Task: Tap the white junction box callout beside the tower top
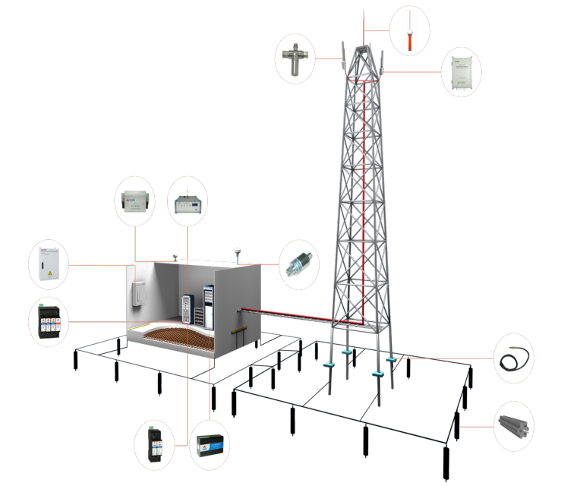(462, 72)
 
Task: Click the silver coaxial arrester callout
(298, 265)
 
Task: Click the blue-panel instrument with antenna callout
(187, 202)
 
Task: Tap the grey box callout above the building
(134, 202)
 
